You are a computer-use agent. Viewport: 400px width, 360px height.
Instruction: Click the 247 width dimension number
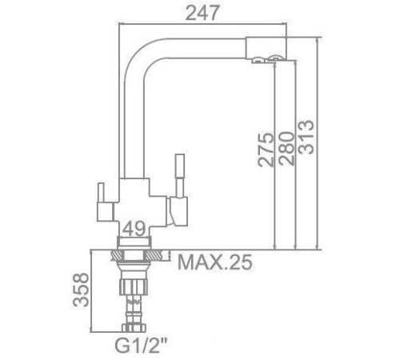(203, 12)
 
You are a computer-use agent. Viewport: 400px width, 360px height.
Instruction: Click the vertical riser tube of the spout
(130, 120)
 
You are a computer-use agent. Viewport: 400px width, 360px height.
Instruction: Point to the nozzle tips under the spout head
(265, 60)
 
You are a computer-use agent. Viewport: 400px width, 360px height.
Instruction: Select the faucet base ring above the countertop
(134, 242)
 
